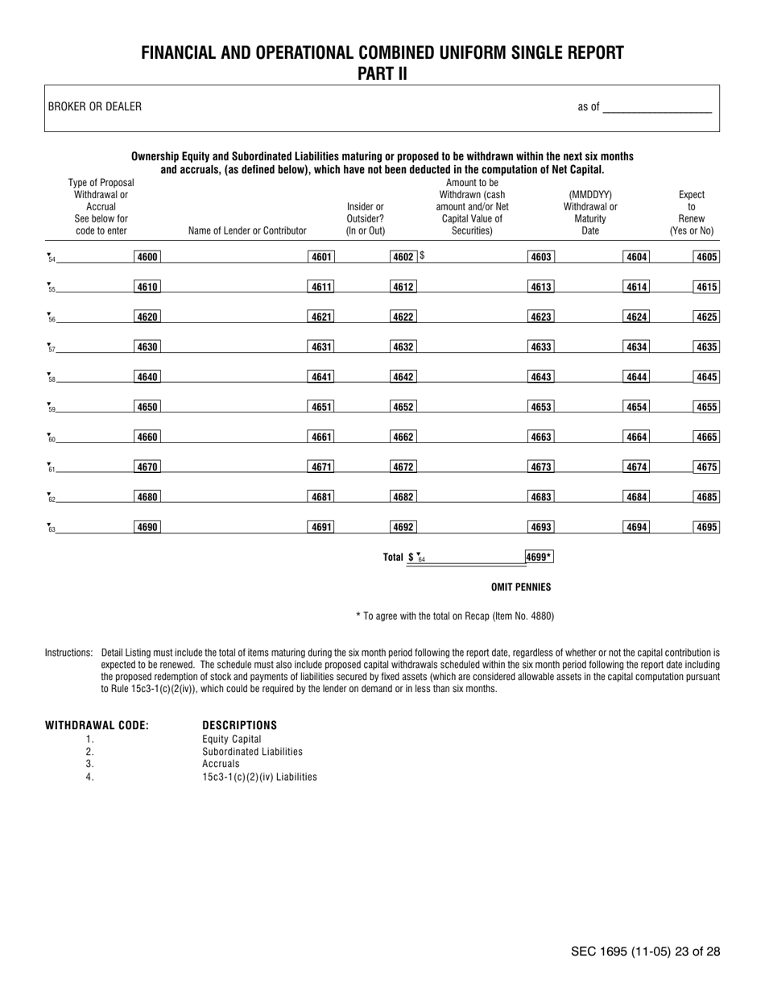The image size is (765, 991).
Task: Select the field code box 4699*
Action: point(539,557)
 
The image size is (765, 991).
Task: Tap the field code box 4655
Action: point(706,407)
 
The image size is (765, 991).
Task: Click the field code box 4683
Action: point(540,497)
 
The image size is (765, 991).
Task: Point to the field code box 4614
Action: point(637,287)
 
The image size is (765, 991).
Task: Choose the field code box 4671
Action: point(321,467)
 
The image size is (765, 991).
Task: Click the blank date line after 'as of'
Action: point(657,107)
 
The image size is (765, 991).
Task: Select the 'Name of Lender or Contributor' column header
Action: point(247,231)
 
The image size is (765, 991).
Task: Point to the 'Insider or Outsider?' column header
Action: point(366,219)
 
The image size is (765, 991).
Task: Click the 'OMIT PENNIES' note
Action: point(521,587)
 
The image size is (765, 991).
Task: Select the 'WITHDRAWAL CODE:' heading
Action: point(97,725)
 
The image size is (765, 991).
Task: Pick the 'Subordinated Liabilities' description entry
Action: point(252,752)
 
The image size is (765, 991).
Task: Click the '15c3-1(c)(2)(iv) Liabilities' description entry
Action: point(259,777)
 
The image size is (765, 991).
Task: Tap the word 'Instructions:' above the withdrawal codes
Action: point(69,652)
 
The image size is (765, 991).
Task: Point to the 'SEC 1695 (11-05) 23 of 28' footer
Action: point(645,952)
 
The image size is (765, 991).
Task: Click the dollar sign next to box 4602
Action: point(421,257)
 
